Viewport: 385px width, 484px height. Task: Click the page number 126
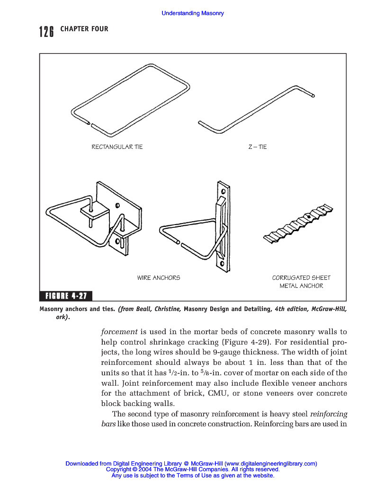pos(46,32)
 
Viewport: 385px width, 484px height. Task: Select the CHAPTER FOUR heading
pos(84,29)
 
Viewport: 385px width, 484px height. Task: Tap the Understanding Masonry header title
pos(193,13)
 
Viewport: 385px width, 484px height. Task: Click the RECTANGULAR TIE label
pos(117,147)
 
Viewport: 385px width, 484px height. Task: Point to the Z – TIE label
pos(258,147)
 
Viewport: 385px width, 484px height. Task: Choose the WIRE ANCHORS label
pos(159,278)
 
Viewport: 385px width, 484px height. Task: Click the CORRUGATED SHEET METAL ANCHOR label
pos(301,282)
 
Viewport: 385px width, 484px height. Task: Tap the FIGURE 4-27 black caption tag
pos(66,296)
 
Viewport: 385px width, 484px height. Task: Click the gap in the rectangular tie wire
pos(90,124)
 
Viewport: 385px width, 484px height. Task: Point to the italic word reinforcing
pos(329,414)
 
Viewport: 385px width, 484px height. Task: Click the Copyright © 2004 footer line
pos(193,470)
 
